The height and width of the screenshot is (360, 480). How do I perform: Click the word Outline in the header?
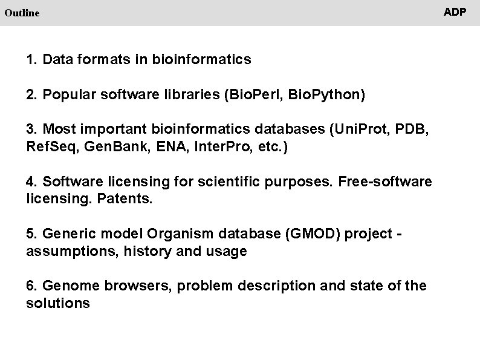click(21, 12)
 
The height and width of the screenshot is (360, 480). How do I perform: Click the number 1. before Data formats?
click(33, 60)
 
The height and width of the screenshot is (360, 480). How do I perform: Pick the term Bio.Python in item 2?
click(326, 95)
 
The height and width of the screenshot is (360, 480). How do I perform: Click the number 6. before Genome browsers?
click(33, 286)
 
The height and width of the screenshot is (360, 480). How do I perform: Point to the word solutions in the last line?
click(58, 303)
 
